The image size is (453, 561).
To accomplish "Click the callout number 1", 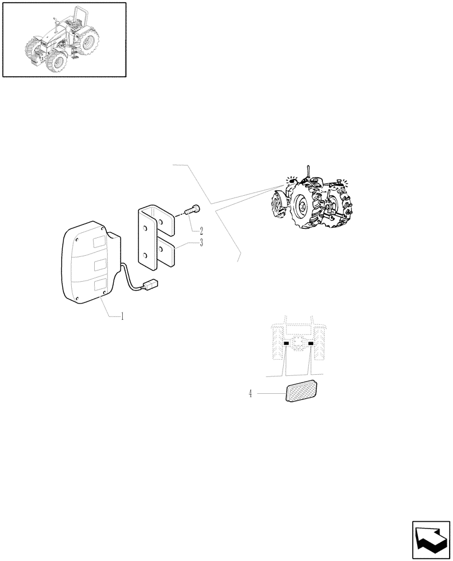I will pos(122,316).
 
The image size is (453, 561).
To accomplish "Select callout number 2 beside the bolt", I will pos(200,231).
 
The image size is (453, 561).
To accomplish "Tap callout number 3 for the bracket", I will pos(200,242).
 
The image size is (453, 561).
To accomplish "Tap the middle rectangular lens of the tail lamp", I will pos(100,264).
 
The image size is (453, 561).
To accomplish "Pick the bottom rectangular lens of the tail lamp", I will pos(101,286).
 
